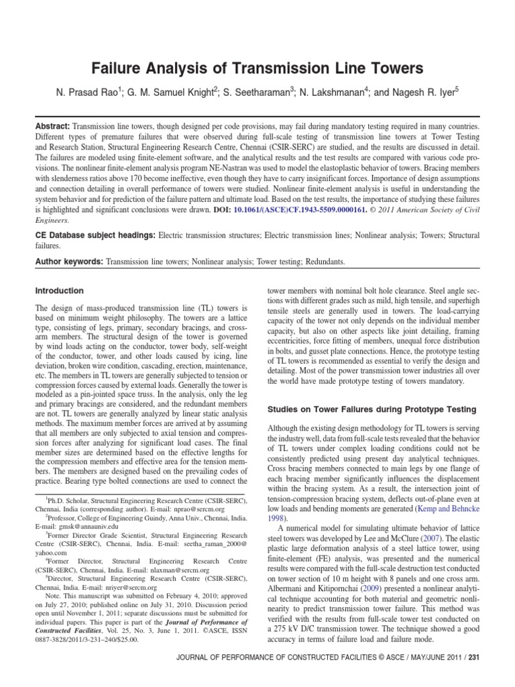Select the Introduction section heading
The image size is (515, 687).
point(59,290)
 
